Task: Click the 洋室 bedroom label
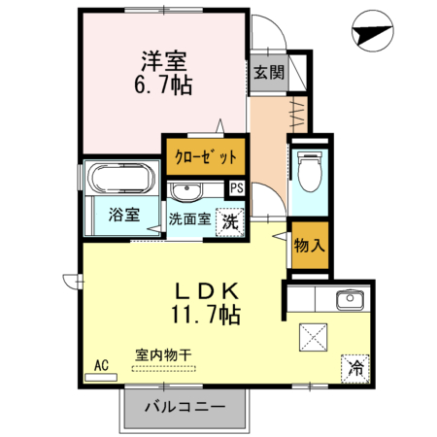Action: pos(163,61)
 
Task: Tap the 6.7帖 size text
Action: pos(163,84)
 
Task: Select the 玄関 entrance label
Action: pos(269,73)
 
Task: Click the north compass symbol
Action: pos(373,31)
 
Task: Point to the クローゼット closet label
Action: pos(206,157)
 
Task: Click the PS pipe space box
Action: pos(237,188)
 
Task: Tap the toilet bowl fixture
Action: pos(310,171)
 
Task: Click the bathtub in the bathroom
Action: pos(121,179)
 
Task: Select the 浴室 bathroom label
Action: pos(124,215)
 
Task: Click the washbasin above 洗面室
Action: pos(185,192)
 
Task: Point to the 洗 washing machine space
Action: pos(230,222)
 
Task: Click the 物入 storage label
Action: pos(309,245)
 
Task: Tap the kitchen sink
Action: pos(350,300)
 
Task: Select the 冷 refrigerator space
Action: pos(355,369)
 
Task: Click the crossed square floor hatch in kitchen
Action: pos(313,337)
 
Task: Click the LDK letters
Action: pos(207,290)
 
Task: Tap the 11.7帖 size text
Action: pos(206,315)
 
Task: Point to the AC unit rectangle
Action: pos(101,377)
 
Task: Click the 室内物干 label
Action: pos(163,355)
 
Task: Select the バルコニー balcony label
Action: pos(185,406)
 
